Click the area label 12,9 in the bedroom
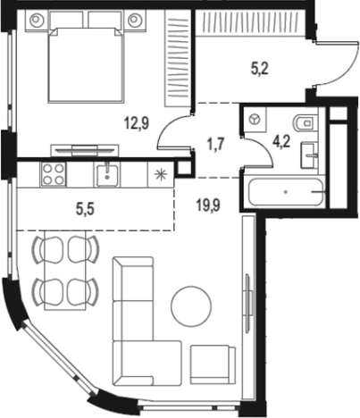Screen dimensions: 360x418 (x=137, y=123)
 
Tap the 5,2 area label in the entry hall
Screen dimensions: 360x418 (x=260, y=70)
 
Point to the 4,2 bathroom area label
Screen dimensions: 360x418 (x=281, y=142)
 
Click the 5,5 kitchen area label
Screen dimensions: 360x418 (x=85, y=209)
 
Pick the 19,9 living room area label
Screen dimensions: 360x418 (x=208, y=205)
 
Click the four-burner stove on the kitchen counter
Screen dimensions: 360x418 (x=53, y=174)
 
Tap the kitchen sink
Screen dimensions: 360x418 (x=107, y=175)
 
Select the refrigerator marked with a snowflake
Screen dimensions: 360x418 (x=161, y=175)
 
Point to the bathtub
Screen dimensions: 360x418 (x=286, y=192)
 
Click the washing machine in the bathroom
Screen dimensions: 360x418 (x=255, y=120)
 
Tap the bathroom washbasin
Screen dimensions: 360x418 (x=310, y=155)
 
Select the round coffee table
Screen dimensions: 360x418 (x=191, y=306)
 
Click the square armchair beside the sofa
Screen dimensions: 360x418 (x=213, y=364)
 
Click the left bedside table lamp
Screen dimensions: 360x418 (x=36, y=20)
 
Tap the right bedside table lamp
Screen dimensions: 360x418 (x=134, y=20)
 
